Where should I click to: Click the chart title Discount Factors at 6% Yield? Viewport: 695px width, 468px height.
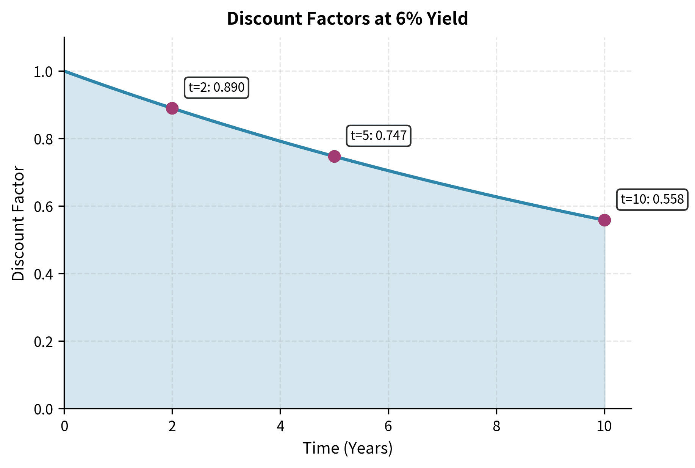tap(347, 19)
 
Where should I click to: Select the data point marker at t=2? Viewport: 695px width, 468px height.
tap(172, 108)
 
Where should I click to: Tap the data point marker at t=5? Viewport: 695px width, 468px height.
tap(334, 156)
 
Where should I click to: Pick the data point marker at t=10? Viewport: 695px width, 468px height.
tap(604, 220)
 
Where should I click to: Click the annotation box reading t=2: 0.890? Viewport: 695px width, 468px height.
tap(216, 88)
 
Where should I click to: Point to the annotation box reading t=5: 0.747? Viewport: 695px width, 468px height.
tap(379, 135)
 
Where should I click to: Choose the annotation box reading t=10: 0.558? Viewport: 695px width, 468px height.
tap(652, 199)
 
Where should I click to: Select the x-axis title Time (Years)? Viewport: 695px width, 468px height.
tap(347, 448)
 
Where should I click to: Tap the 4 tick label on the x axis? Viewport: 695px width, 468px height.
tap(280, 427)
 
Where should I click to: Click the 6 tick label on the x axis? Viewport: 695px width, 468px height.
tap(388, 427)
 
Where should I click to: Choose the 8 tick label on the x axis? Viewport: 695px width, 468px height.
tap(496, 427)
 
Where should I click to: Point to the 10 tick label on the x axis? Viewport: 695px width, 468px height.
tap(604, 427)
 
